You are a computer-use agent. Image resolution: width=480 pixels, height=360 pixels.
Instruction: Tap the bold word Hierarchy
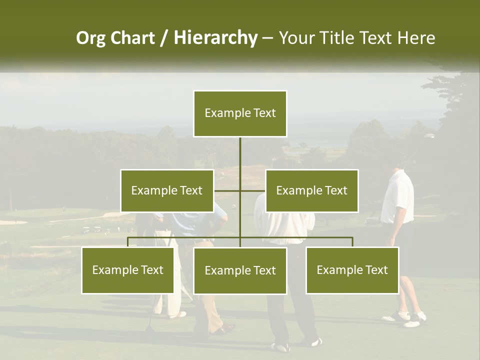coord(215,38)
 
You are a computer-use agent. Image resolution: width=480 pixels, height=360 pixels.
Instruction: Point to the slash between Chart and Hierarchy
coord(164,38)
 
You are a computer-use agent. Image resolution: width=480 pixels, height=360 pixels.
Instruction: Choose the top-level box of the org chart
coord(240,113)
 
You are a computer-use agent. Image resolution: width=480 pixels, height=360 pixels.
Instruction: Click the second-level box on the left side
coord(167,190)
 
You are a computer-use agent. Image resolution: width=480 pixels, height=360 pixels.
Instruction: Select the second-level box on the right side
coord(311,190)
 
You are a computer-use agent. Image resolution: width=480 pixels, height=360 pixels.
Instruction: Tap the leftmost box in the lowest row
coord(127,270)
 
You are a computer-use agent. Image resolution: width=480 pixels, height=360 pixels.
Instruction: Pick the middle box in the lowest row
coord(240,270)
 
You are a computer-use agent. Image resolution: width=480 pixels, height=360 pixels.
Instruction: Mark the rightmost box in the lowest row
coord(352,270)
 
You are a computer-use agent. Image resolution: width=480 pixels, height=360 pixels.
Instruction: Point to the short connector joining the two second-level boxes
coord(240,190)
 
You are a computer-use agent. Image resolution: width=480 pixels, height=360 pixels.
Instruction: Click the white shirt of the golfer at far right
coord(397,197)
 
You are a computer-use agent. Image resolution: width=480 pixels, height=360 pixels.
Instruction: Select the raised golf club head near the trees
coord(429,135)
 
